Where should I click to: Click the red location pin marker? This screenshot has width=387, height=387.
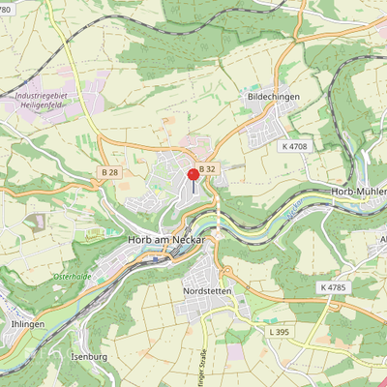[x=193, y=176]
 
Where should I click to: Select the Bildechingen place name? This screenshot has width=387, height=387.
[x=272, y=98]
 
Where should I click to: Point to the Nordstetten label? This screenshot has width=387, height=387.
[x=207, y=289]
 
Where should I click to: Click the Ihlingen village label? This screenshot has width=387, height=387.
[x=26, y=324]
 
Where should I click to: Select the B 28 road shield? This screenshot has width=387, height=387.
[x=109, y=172]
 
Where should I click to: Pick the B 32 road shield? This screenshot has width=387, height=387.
[x=208, y=168]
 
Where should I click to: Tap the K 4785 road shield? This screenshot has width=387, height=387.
[x=332, y=287]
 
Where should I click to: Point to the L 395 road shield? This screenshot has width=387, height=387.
[x=278, y=332]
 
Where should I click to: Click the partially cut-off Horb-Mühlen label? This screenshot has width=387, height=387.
[x=359, y=192]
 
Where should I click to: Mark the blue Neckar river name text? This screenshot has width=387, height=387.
[x=295, y=206]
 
